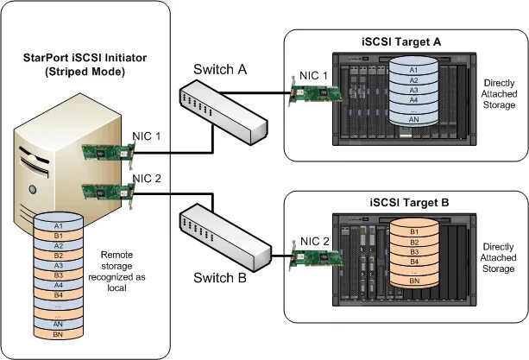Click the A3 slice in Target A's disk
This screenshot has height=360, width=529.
click(x=413, y=90)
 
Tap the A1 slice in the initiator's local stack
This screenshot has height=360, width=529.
click(x=58, y=225)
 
